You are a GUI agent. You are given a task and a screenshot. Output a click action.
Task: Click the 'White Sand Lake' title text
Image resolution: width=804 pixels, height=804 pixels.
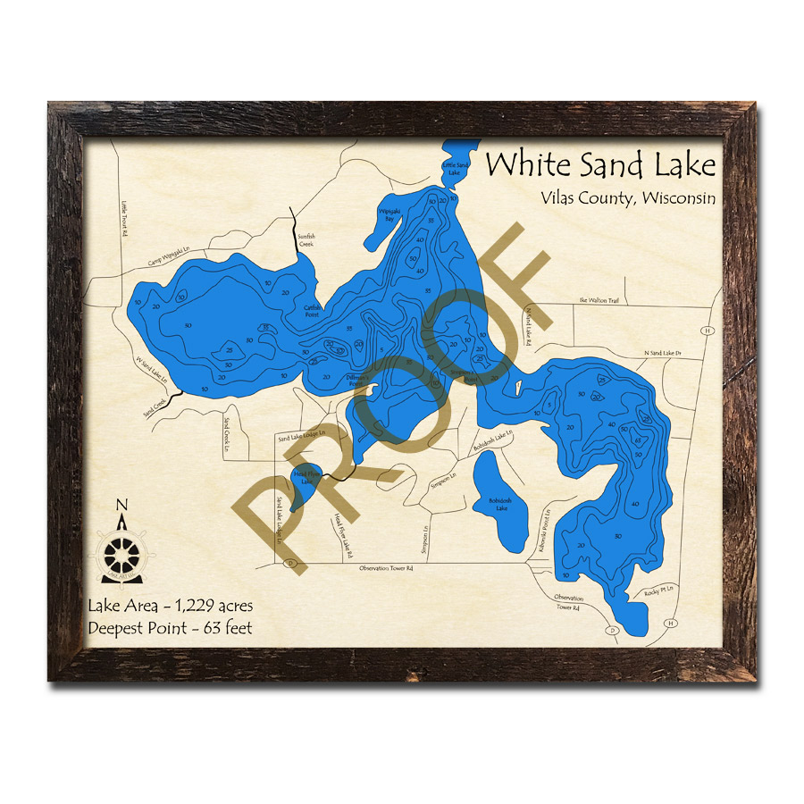600,165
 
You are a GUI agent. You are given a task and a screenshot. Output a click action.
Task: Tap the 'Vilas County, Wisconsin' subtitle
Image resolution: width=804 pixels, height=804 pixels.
627,198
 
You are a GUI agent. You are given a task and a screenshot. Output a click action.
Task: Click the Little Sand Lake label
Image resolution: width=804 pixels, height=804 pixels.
456,169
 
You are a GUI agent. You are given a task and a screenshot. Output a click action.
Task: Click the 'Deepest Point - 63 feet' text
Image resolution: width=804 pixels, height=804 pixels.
170,628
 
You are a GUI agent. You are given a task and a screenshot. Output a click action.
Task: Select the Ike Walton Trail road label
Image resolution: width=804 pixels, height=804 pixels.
599,301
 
